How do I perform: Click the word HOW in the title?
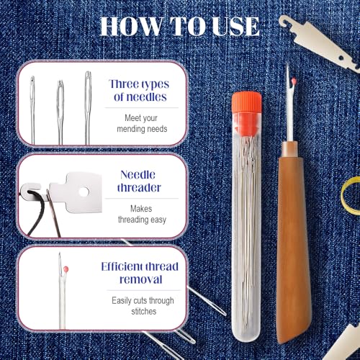tap(131, 27)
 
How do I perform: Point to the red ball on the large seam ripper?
tap(294, 81)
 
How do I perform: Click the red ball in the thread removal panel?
tap(66, 269)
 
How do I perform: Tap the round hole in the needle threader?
tap(84, 192)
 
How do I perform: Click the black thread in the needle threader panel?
tap(36, 211)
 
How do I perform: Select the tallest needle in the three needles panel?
tap(88, 107)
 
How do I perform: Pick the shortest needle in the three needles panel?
tap(32, 110)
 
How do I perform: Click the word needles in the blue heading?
tap(146, 97)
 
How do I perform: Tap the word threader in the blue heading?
tap(139, 187)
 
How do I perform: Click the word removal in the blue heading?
tap(141, 279)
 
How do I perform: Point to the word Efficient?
tap(122, 266)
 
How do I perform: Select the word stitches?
tap(144, 311)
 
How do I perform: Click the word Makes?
tap(141, 209)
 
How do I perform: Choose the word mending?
tap(128, 129)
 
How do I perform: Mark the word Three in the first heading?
tap(124, 84)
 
